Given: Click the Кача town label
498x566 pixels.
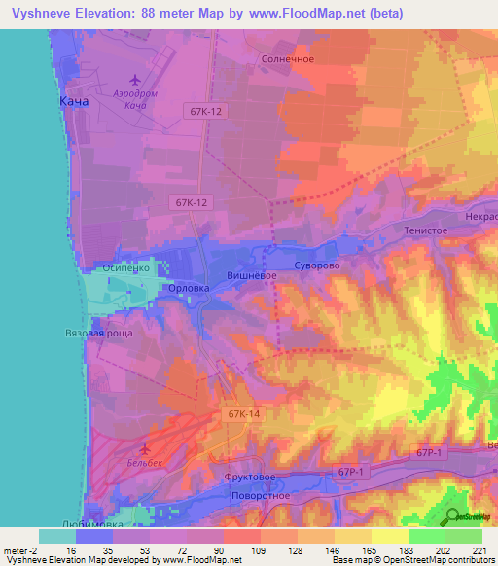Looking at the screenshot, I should (x=74, y=102).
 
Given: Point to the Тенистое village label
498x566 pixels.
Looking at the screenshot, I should (x=425, y=230).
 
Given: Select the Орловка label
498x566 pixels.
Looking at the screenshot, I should (x=189, y=288).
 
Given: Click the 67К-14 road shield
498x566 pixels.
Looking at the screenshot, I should (x=243, y=414).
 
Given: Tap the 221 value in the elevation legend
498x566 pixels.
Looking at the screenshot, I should (x=480, y=551).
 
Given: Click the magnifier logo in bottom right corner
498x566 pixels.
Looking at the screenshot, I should (x=451, y=516).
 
